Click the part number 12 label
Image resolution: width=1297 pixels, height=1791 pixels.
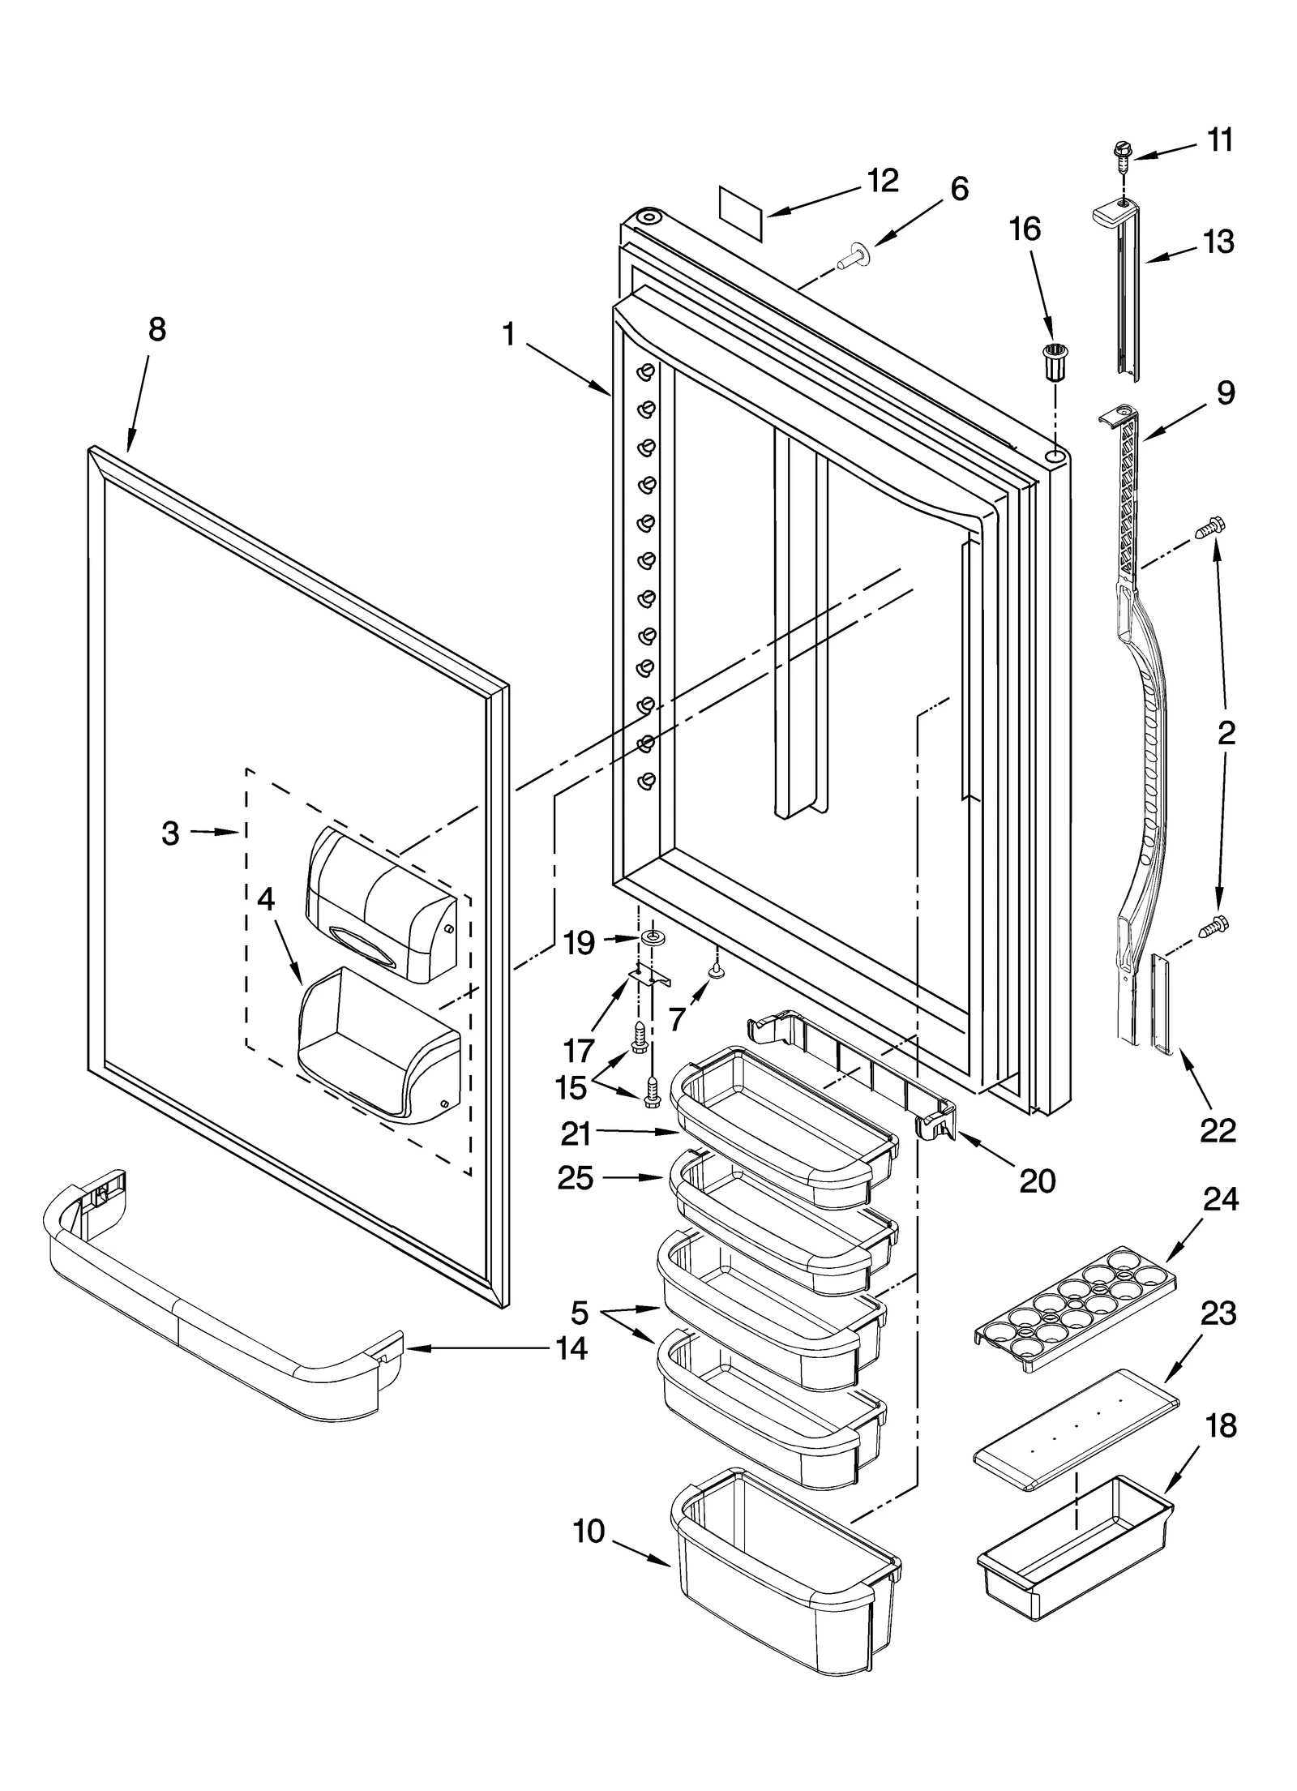coord(882,181)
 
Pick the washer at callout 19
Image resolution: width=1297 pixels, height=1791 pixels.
coord(650,938)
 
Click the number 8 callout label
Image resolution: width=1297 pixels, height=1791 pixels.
coord(156,330)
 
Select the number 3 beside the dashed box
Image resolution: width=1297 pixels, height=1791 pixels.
coord(170,833)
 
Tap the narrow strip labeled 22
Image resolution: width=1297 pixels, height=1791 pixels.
coord(1161,1003)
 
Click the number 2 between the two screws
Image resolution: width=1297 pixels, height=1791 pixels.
coord(1225,733)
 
